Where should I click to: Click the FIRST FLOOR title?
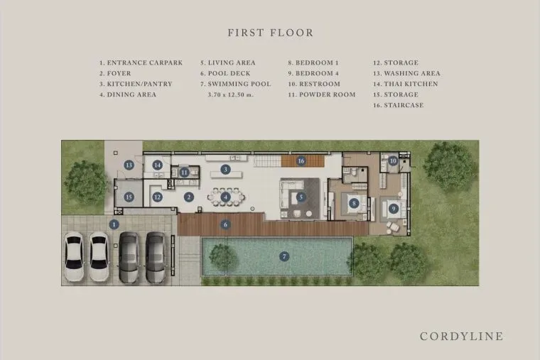click(x=271, y=33)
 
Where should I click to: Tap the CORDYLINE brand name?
click(x=461, y=337)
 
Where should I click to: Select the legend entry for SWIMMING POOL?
click(x=236, y=84)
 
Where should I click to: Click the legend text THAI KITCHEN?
click(x=405, y=84)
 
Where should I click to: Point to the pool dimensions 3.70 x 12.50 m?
click(x=231, y=94)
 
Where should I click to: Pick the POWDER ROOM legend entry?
click(x=322, y=94)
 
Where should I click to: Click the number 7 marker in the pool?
click(x=284, y=256)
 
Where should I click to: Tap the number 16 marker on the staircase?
click(x=301, y=160)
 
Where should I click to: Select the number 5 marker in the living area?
click(x=301, y=197)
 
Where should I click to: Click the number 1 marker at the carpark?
click(x=114, y=225)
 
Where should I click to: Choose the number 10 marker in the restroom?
click(x=393, y=160)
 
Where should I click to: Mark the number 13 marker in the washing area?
click(x=129, y=165)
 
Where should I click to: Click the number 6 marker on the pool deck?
click(x=225, y=225)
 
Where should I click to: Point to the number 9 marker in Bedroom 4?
click(x=394, y=209)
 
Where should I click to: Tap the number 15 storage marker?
click(x=129, y=197)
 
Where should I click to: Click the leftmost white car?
click(x=74, y=256)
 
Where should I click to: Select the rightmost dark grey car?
click(x=156, y=258)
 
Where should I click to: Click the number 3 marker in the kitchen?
click(x=225, y=169)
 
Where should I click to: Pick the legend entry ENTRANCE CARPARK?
click(x=141, y=63)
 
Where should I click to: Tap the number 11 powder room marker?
click(x=185, y=172)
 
